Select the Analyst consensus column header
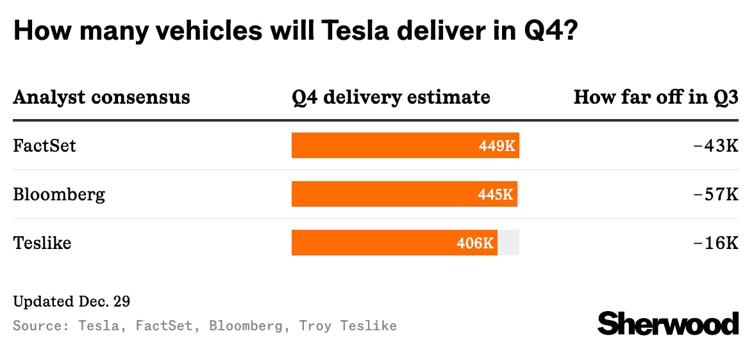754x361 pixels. click(x=101, y=97)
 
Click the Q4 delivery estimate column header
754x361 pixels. click(x=390, y=97)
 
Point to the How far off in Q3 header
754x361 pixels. click(x=655, y=97)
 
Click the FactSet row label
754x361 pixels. click(x=44, y=146)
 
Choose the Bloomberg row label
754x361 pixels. click(x=59, y=194)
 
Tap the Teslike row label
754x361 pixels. click(x=42, y=243)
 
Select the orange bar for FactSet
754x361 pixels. click(x=385, y=145)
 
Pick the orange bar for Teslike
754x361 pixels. click(x=372, y=243)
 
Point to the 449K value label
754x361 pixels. click(x=497, y=146)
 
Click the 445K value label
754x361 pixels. click(x=496, y=195)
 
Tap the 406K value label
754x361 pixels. click(x=475, y=243)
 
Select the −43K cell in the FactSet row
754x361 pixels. click(x=716, y=146)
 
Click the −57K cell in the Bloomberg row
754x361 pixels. click(x=716, y=195)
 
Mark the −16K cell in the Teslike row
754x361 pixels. click(x=716, y=243)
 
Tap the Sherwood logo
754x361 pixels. click(x=667, y=323)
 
